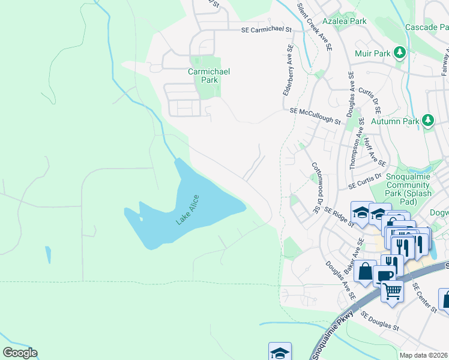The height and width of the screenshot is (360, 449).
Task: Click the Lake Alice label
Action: click(x=187, y=210)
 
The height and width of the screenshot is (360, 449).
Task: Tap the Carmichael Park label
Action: click(x=209, y=76)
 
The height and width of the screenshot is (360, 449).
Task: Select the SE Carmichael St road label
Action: click(x=266, y=29)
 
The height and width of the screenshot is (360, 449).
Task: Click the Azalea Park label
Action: click(x=344, y=21)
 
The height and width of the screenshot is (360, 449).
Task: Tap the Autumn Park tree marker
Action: click(x=427, y=121)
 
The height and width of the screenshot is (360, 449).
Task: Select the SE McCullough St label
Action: click(x=315, y=116)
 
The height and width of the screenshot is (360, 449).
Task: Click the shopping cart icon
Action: click(x=393, y=292)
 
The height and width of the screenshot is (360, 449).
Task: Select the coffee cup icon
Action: click(x=384, y=275)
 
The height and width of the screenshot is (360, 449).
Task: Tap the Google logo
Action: click(x=20, y=353)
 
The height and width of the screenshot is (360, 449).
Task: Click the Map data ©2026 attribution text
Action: click(x=423, y=355)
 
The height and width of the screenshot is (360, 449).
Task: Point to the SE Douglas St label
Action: click(x=379, y=320)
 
